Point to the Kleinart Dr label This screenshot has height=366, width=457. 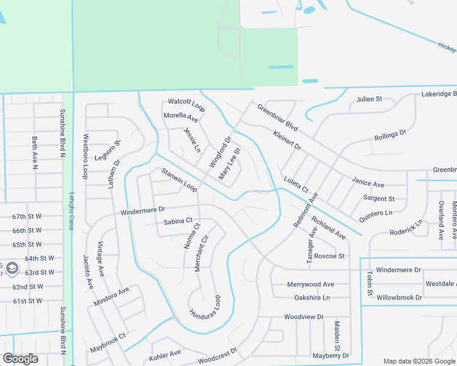click(287, 140)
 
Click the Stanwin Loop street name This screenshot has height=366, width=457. click(178, 180)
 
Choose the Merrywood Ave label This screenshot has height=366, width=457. click(311, 284)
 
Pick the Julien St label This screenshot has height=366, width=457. click(369, 99)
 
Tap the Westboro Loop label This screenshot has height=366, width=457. click(86, 156)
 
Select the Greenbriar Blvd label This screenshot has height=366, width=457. click(277, 118)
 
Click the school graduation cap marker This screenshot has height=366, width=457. click(12, 268)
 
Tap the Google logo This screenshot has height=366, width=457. click(20, 359)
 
